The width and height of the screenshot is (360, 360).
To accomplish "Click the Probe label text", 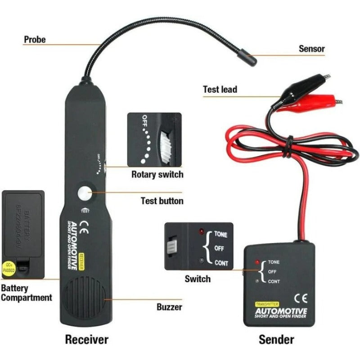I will (35, 40).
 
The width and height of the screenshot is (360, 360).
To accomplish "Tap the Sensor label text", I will (311, 49).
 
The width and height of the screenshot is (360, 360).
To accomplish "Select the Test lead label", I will (220, 89).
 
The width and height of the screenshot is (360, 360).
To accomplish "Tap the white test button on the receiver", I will (84, 194).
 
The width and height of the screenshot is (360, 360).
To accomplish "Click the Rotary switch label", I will (157, 174).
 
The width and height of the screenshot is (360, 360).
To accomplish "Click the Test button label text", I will (162, 201).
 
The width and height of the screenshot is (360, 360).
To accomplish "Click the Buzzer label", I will (169, 307).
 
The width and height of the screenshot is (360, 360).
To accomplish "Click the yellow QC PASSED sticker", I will (9, 268).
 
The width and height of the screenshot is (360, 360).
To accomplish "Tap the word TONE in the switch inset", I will (220, 234).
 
